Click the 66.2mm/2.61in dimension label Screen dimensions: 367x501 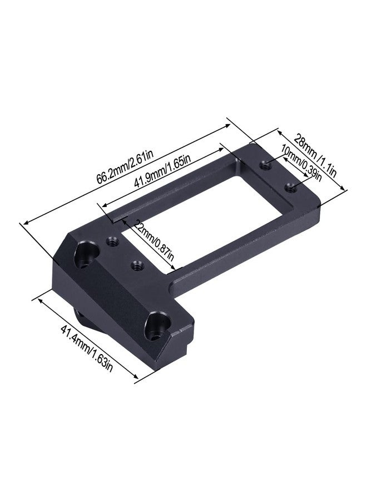pyautogui.click(x=125, y=166)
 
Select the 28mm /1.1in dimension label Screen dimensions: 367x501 pyautogui.click(x=314, y=156)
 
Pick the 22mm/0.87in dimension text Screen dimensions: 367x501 pyautogui.click(x=154, y=239)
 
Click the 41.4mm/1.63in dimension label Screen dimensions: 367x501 pyautogui.click(x=87, y=347)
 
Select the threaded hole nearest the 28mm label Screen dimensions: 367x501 pyautogui.click(x=265, y=165)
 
